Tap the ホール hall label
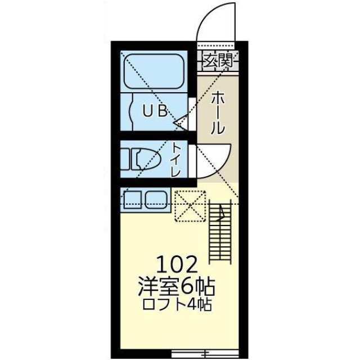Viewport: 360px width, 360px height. click(x=218, y=113)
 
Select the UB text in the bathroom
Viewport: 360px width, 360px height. click(x=155, y=110)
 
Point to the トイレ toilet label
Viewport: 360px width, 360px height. click(x=176, y=160)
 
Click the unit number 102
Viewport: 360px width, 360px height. click(x=177, y=264)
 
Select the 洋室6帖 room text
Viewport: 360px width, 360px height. click(x=177, y=286)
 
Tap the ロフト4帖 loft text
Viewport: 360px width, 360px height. click(x=177, y=304)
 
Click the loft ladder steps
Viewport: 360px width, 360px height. click(x=220, y=232)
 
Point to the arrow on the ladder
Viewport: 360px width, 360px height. click(x=221, y=214)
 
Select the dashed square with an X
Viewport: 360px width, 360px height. click(x=190, y=206)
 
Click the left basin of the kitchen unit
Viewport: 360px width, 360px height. click(x=133, y=200)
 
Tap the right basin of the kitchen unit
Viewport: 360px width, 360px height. click(x=156, y=200)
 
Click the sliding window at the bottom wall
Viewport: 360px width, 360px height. click(x=205, y=353)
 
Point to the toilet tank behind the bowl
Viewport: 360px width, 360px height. click(x=125, y=159)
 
